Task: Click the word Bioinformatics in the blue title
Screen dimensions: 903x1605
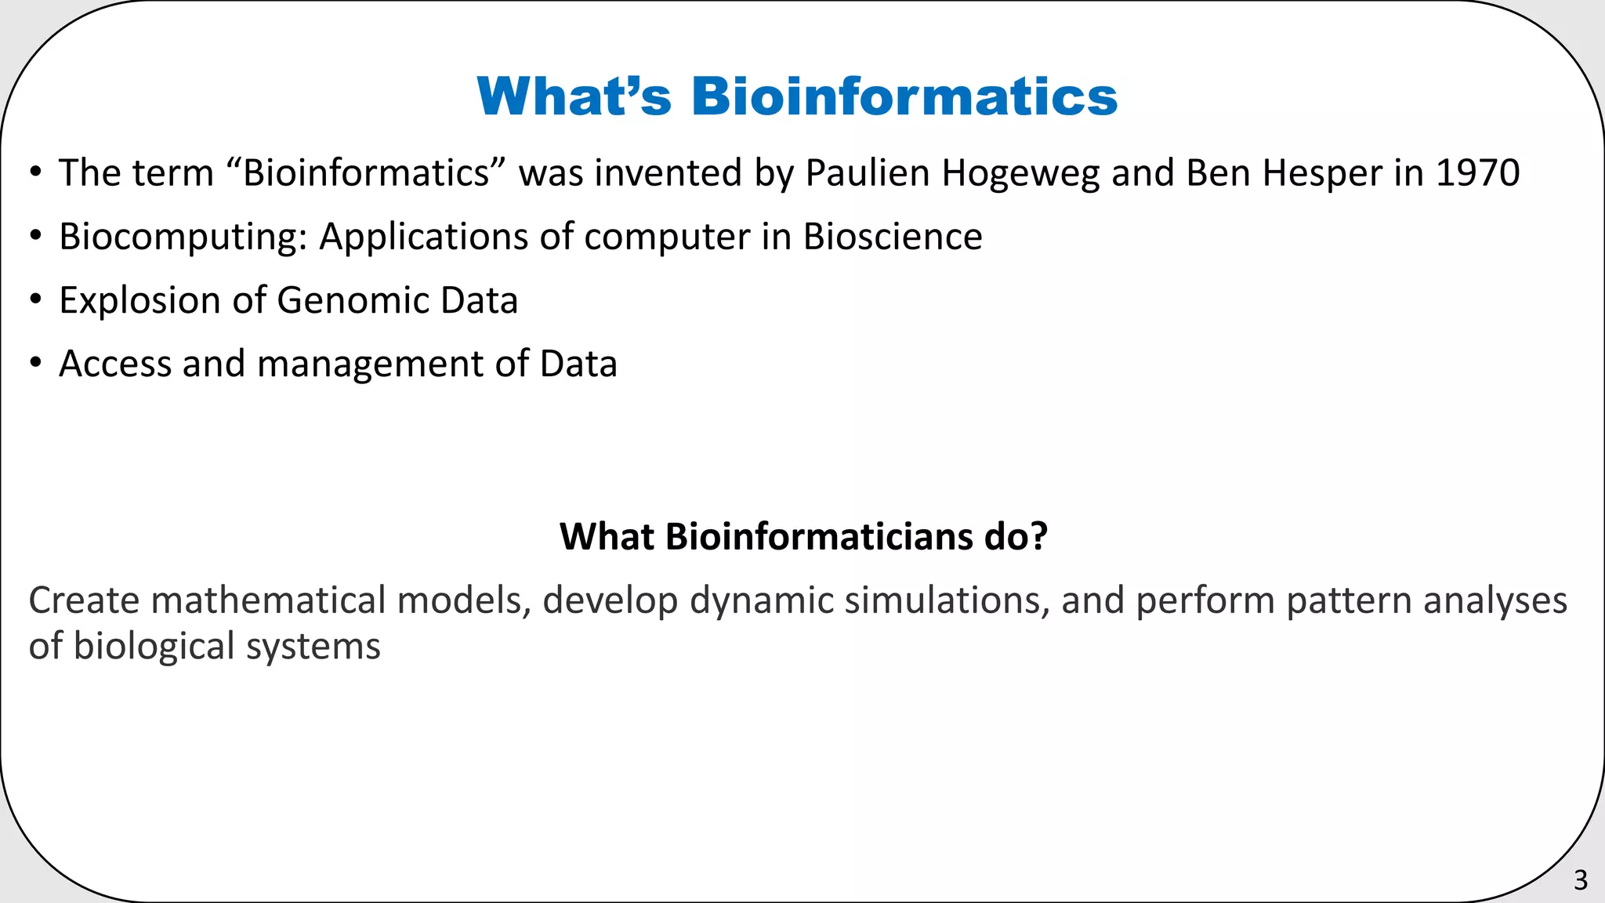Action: (x=904, y=96)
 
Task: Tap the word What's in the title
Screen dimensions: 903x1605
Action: (x=574, y=96)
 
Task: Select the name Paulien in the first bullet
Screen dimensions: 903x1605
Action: (x=868, y=173)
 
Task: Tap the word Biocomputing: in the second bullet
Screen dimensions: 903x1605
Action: (x=183, y=238)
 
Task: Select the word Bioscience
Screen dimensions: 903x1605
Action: (x=893, y=237)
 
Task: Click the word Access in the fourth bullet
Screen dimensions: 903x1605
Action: (x=114, y=364)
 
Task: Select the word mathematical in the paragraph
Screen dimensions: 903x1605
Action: (x=268, y=600)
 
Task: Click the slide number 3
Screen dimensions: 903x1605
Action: (x=1580, y=880)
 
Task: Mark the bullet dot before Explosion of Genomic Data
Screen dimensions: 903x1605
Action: (x=35, y=301)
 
